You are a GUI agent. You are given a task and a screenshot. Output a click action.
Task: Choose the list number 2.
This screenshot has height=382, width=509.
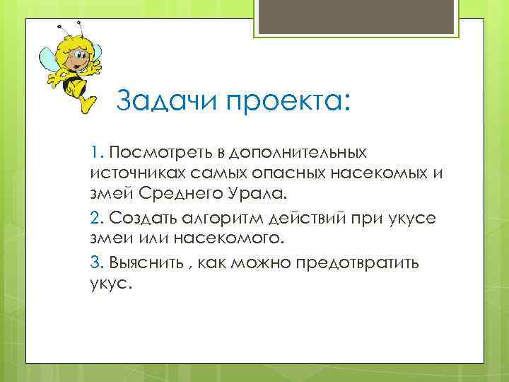click(98, 217)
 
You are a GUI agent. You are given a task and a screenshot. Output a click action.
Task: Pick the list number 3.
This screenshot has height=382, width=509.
click(98, 262)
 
